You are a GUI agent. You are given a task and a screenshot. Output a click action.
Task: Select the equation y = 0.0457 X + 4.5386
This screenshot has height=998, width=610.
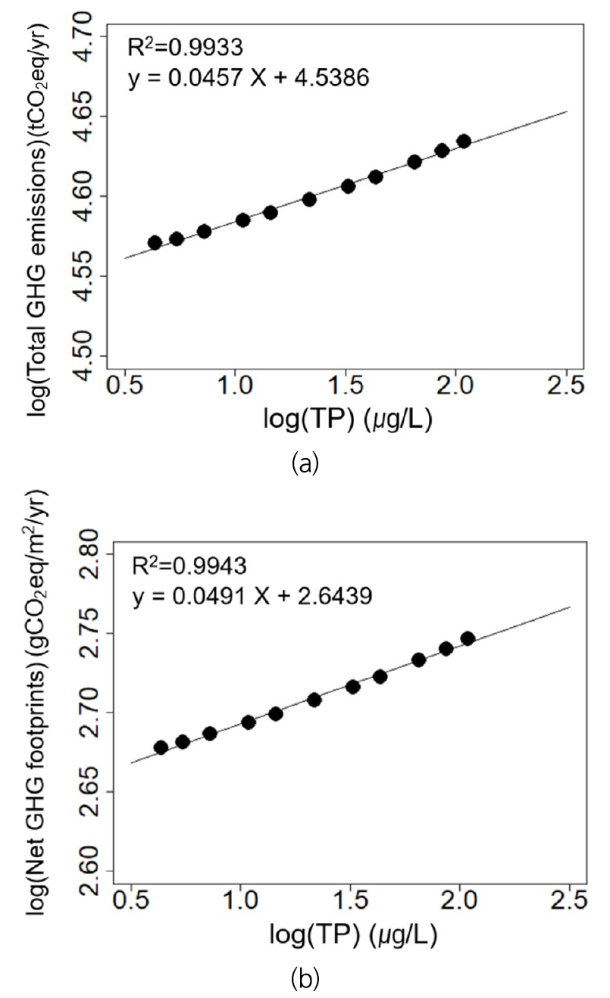point(249,78)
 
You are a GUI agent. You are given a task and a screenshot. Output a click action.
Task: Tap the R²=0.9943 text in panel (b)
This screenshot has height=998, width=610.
point(186,564)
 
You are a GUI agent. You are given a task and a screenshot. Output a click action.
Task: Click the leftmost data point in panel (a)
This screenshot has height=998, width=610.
point(155,243)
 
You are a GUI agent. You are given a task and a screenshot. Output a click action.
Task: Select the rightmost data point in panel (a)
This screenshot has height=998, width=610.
point(464,141)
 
